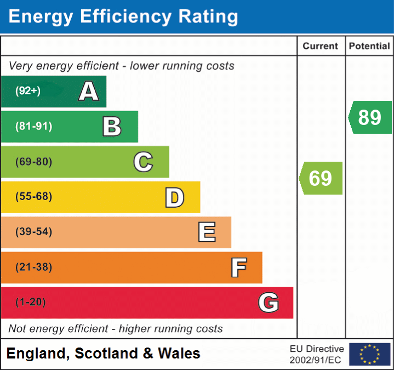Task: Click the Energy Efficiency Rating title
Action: pyautogui.click(x=123, y=17)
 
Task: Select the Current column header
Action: pyautogui.click(x=321, y=47)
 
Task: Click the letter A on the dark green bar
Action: pyautogui.click(x=89, y=92)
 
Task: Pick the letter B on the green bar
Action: pyautogui.click(x=112, y=127)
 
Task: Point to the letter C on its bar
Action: pyautogui.click(x=143, y=162)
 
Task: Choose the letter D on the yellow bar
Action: pyautogui.click(x=174, y=197)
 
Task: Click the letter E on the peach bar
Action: pyautogui.click(x=207, y=232)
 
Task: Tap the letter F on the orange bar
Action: pyautogui.click(x=238, y=267)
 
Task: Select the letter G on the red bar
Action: pyautogui.click(x=269, y=303)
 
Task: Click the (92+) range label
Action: pyautogui.click(x=28, y=91)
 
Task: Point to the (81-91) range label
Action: pyautogui.click(x=34, y=127)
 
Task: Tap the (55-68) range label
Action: pyautogui.click(x=34, y=197)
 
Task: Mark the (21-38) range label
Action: pyautogui.click(x=34, y=267)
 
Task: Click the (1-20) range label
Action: pyautogui.click(x=31, y=302)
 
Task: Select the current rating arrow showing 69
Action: pyautogui.click(x=321, y=178)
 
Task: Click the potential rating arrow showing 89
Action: pyautogui.click(x=370, y=117)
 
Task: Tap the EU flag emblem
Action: pyautogui.click(x=369, y=354)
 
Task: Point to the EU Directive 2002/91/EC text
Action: pyautogui.click(x=317, y=354)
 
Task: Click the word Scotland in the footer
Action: pyautogui.click(x=106, y=354)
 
